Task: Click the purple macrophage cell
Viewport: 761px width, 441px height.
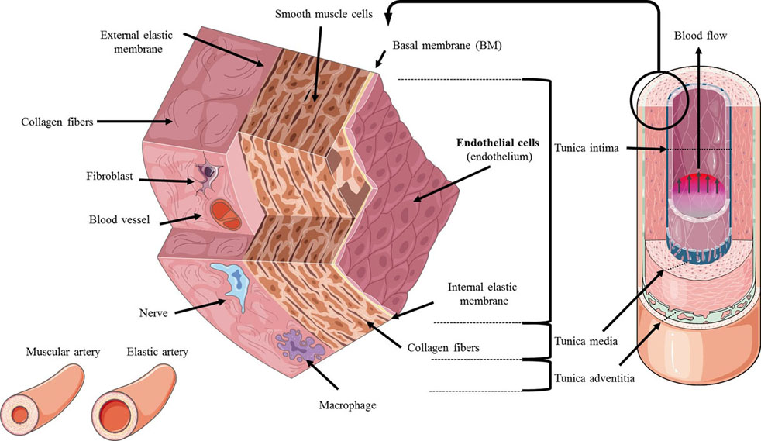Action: click(x=297, y=342)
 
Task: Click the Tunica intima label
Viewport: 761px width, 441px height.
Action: click(x=587, y=148)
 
